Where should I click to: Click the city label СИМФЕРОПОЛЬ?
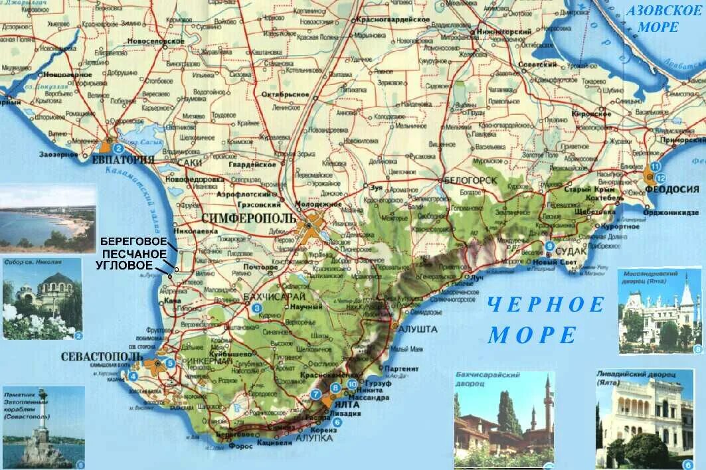click(249, 218)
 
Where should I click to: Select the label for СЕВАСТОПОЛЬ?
click(102, 356)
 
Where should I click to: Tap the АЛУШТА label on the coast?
click(416, 329)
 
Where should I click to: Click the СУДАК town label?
click(571, 252)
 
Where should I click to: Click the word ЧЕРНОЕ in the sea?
click(546, 305)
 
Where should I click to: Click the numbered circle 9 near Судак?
click(549, 246)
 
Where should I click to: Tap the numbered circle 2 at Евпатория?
click(118, 147)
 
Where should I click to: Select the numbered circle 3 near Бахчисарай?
click(256, 307)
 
